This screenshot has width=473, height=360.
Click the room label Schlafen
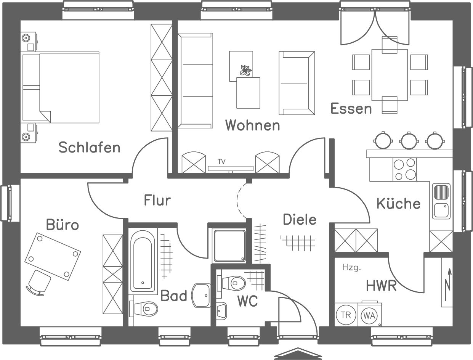coord(89,147)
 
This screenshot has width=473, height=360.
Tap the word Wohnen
coord(252,125)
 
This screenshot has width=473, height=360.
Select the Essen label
coord(351,109)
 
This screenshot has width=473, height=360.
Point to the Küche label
coord(398,203)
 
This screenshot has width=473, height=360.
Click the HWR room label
coord(381,285)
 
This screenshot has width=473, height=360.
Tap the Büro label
coord(63,225)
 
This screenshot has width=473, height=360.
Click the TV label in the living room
coord(221,162)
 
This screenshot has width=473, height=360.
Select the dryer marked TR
coord(346,315)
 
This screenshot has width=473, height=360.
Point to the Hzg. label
coord(351,268)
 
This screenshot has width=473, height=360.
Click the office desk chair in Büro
coord(39,283)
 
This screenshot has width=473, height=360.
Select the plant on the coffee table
coord(245,71)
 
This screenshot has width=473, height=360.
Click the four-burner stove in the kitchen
coord(404,169)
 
